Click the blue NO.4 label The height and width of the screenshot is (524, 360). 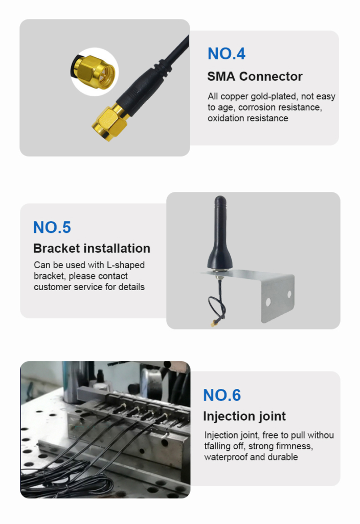[227, 53]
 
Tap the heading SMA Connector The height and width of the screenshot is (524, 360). [255, 76]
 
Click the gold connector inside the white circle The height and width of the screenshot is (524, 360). [95, 72]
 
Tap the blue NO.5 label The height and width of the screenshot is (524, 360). [52, 227]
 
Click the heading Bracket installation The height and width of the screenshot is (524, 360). [92, 248]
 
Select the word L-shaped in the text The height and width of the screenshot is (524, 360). [126, 266]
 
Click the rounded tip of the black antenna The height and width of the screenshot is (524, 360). [220, 199]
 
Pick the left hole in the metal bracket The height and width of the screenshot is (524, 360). [268, 302]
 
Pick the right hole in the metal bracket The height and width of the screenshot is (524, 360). [289, 294]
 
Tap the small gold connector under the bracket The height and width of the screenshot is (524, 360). [213, 323]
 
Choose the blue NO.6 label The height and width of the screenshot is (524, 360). [222, 395]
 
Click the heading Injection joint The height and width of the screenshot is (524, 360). [244, 417]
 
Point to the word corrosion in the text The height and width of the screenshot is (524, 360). [258, 107]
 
